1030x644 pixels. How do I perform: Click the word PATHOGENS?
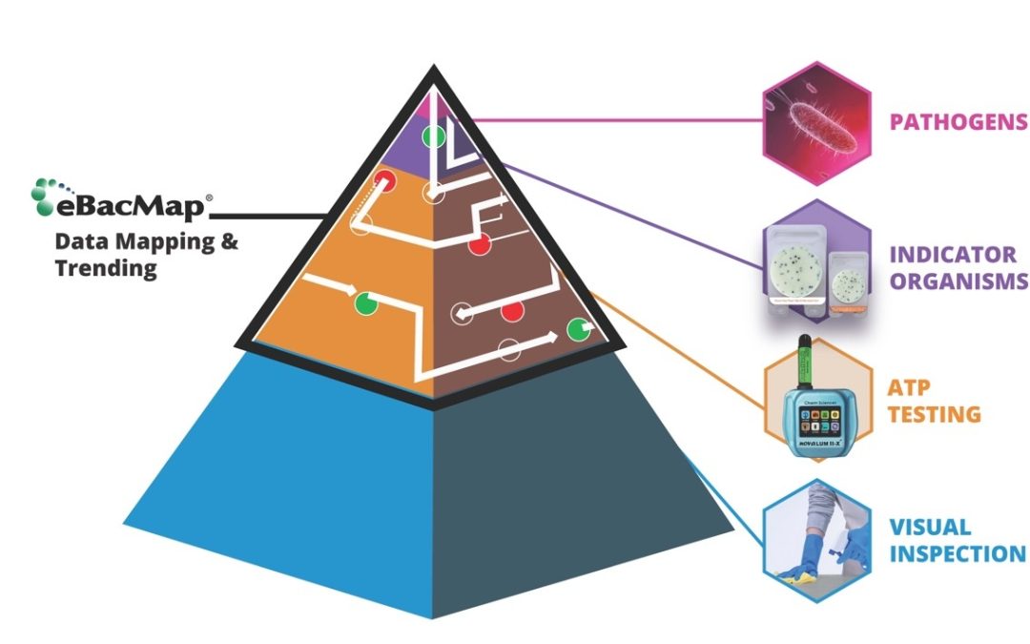(x=958, y=121)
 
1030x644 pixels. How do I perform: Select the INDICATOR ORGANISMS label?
(x=958, y=267)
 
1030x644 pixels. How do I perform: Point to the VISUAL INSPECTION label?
(x=957, y=540)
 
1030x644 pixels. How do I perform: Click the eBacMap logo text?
(x=134, y=202)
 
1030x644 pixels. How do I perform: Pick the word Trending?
(x=104, y=268)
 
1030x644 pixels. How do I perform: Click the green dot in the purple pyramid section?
(x=433, y=135)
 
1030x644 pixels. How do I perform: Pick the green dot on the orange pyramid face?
(x=364, y=303)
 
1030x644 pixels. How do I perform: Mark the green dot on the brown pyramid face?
(x=577, y=329)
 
